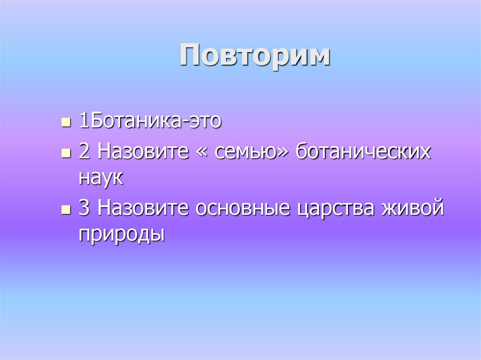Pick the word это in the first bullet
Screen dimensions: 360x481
point(205,122)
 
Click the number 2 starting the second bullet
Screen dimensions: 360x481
point(84,153)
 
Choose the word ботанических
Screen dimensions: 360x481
point(364,153)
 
